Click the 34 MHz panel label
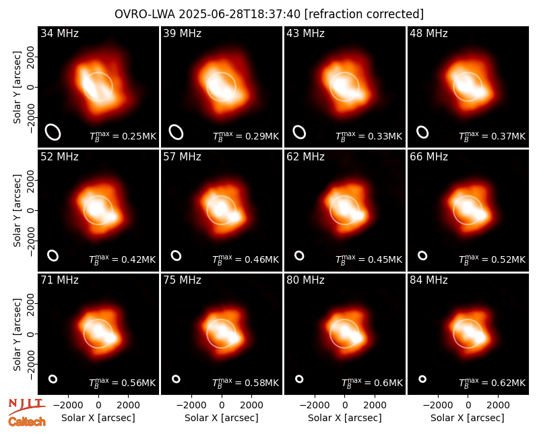[x=59, y=33]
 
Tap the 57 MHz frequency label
[x=182, y=157]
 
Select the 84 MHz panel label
[x=429, y=280]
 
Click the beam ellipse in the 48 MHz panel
[x=422, y=132]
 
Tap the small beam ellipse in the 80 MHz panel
[x=299, y=379]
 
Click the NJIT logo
[x=26, y=406]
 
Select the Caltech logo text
[x=27, y=422]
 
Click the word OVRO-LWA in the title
[x=145, y=14]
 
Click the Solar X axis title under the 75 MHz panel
[x=222, y=418]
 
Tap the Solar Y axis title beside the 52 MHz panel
[x=17, y=210]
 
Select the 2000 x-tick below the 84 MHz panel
[x=498, y=405]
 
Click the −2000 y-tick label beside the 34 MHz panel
[x=30, y=117]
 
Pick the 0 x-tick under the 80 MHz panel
[x=345, y=405]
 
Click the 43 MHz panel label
[x=306, y=33]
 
